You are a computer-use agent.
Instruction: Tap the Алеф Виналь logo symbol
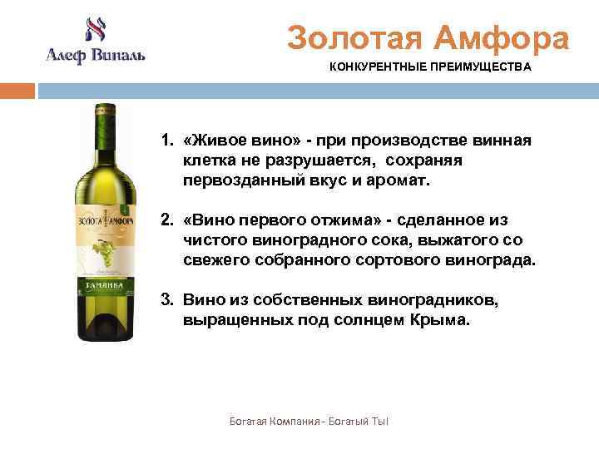pyautogui.click(x=93, y=31)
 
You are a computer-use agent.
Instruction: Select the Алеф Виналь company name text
pyautogui.click(x=94, y=56)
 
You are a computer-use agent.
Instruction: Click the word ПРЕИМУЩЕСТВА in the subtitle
pyautogui.click(x=482, y=67)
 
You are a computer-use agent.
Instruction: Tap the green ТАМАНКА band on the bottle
pyautogui.click(x=102, y=284)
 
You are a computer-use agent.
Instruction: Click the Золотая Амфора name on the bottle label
pyautogui.click(x=101, y=221)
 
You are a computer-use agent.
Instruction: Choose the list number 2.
pyautogui.click(x=166, y=220)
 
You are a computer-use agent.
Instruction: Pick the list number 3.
pyautogui.click(x=166, y=300)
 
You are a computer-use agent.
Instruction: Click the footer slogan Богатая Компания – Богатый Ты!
pyautogui.click(x=309, y=422)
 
